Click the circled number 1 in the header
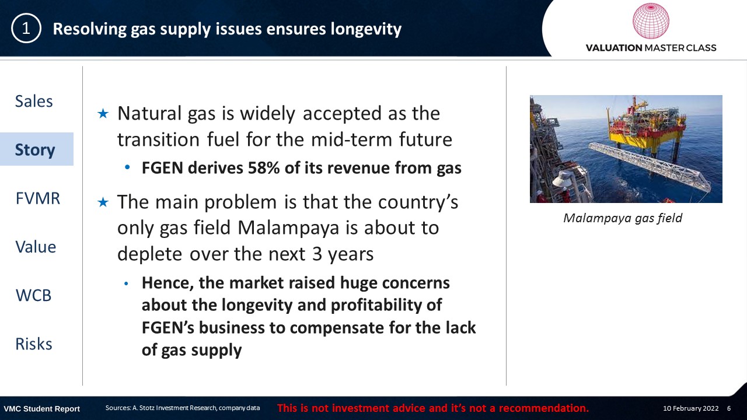coord(26,29)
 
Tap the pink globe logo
coord(651,21)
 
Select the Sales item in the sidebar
coord(34,101)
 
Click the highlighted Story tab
coord(35,150)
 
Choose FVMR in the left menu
coord(38,198)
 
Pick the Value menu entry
coord(36,247)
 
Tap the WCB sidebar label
coord(34,295)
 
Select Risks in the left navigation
coord(34,344)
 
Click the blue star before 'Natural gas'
coord(103,114)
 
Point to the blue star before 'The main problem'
coord(103,202)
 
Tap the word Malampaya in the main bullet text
coord(288,228)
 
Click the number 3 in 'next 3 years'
coord(317,254)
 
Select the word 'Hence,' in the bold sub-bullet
coord(167,283)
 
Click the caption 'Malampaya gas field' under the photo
coord(623,218)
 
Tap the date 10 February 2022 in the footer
coord(690,408)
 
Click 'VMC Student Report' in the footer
coord(41,409)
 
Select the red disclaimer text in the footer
coord(433,408)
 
